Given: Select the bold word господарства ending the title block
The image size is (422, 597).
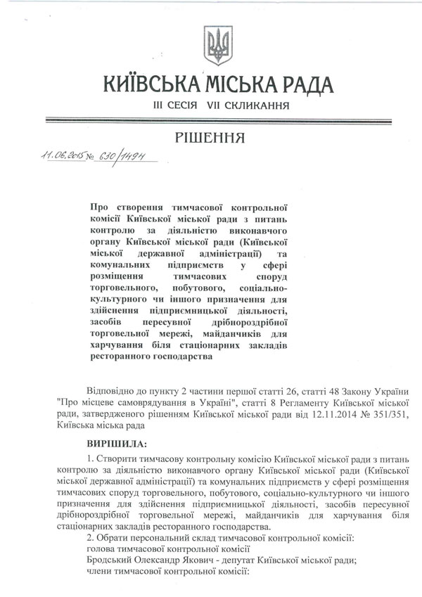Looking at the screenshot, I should coord(177,356).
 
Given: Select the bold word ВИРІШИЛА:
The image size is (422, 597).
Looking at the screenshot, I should coord(117,445).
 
